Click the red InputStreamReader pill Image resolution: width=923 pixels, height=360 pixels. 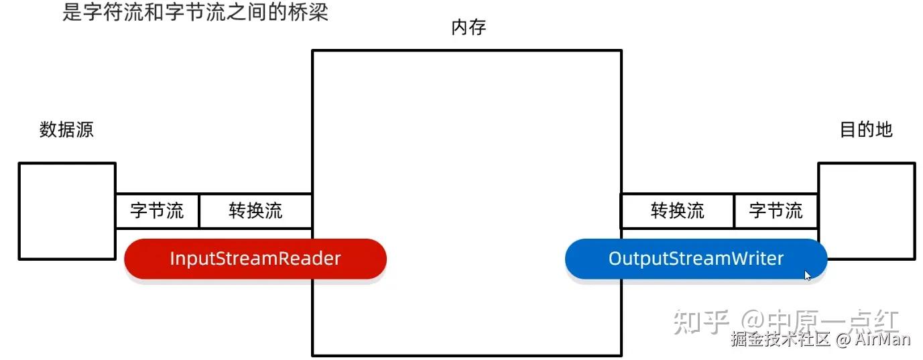pyautogui.click(x=255, y=259)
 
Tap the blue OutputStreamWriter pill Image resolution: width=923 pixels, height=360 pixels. pyautogui.click(x=696, y=259)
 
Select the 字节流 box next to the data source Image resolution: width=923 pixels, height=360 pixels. pyautogui.click(x=158, y=211)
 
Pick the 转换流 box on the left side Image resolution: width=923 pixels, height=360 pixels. pyautogui.click(x=255, y=211)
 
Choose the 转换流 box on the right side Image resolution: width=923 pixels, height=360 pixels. pyautogui.click(x=678, y=211)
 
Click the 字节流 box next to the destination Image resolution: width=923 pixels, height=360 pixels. pyautogui.click(x=776, y=211)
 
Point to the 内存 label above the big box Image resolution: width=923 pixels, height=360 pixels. pyautogui.click(x=469, y=28)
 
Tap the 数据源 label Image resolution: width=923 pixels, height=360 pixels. pyautogui.click(x=66, y=129)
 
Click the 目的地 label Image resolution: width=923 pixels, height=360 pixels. pyautogui.click(x=866, y=129)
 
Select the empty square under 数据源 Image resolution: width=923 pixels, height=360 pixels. pyautogui.click(x=66, y=211)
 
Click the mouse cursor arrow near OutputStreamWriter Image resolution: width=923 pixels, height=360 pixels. pyautogui.click(x=808, y=275)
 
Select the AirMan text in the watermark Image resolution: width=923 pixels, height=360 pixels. pyautogui.click(x=883, y=339)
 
